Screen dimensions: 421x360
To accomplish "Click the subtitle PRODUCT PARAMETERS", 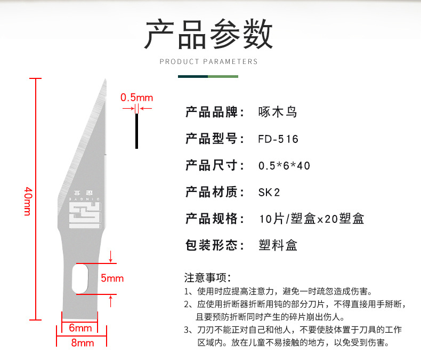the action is (x=209, y=61).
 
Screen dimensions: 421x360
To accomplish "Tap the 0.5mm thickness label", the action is (x=136, y=98).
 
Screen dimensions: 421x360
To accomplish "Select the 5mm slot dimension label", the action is (x=112, y=278).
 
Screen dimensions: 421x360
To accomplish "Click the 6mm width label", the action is (x=80, y=327).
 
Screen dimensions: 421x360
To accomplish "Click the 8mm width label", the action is (x=83, y=343).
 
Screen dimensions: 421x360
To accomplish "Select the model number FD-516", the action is (x=278, y=139).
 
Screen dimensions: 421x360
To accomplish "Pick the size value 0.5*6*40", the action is (x=284, y=166).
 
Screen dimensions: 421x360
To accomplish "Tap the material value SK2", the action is (x=269, y=192).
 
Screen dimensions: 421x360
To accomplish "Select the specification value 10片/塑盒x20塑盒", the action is (x=311, y=219).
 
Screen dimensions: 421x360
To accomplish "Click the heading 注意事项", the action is (x=207, y=277).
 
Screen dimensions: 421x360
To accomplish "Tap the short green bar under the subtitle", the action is (x=223, y=76).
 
